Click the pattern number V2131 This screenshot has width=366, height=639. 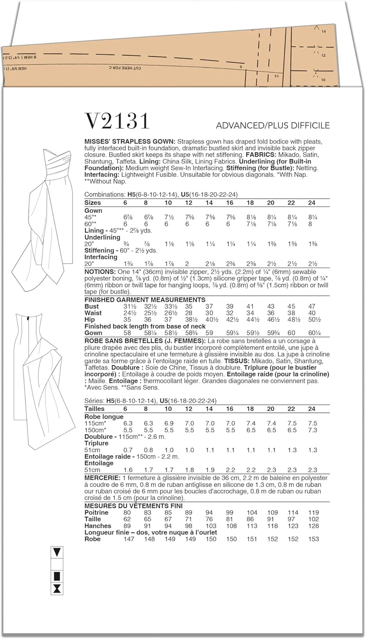tap(118, 121)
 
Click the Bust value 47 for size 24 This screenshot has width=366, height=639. tap(312, 306)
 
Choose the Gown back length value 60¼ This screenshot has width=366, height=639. tap(312, 333)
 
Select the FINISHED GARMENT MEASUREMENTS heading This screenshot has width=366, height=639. tap(145, 299)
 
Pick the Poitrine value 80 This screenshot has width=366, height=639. tap(127, 512)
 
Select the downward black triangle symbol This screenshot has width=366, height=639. tap(57, 553)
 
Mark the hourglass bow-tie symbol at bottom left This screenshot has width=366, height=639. tap(57, 589)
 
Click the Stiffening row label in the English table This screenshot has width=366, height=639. tap(99, 250)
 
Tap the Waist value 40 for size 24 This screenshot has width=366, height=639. tap(312, 313)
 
